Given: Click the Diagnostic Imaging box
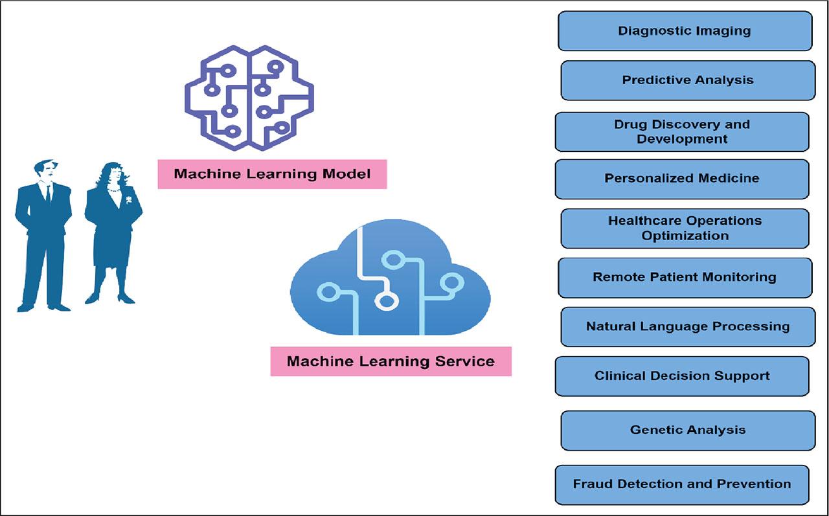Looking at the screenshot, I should (685, 30).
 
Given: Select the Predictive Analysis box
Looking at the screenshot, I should (688, 80).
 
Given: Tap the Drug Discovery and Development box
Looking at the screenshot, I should (682, 131).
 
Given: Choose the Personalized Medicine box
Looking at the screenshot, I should (682, 179).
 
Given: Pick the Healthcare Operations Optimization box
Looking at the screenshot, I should (685, 228).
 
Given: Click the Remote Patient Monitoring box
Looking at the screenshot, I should (685, 277).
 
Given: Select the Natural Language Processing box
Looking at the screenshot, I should (688, 326).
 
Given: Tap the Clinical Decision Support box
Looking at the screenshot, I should (682, 376).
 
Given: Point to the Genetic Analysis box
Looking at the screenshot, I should (688, 430).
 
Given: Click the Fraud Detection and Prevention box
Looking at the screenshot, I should (682, 484).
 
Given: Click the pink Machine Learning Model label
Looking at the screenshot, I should (272, 174).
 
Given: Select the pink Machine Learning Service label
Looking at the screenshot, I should (391, 361).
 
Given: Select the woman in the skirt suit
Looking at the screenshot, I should (111, 233).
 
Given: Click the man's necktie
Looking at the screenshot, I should (47, 193).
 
